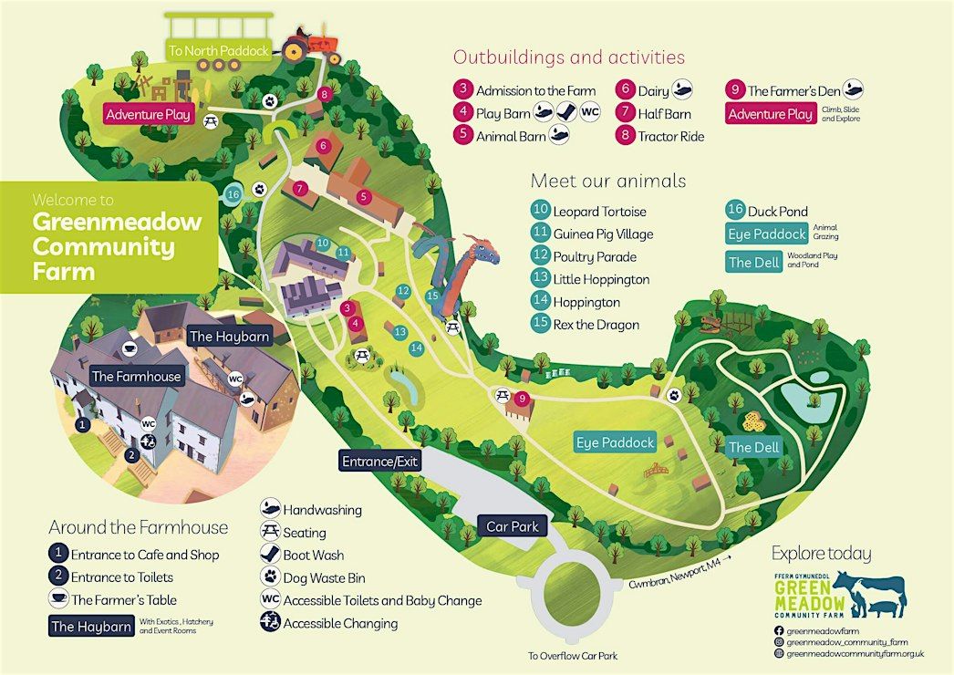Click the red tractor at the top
pos(313,46)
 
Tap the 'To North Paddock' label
pos(218,50)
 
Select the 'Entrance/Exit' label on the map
pos(379,462)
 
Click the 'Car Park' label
pos(513,526)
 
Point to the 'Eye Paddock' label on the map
pos(615,442)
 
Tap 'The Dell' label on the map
pos(754,447)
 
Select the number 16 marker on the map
pos(233,195)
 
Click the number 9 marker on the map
pos(522,399)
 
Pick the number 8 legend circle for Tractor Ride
pos(625,135)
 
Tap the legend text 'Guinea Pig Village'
pos(603,234)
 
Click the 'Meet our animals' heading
pos(607,181)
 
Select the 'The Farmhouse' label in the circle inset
pos(136,376)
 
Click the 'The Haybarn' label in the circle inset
pos(229,337)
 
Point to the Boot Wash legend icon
pos(270,554)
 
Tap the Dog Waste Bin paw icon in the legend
pos(270,576)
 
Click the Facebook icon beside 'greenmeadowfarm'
pos(778,631)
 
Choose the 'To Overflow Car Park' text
pos(573,656)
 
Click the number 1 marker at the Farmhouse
pos(82,424)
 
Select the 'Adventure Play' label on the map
pos(148,114)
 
